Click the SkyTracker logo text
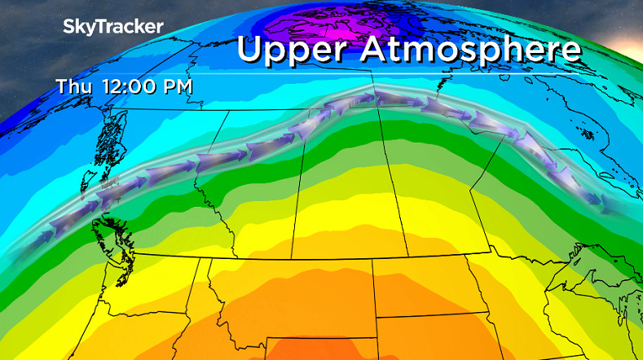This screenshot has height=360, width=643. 113,26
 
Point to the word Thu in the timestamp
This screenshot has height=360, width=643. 74,85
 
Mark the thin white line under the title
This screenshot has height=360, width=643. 407,75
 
